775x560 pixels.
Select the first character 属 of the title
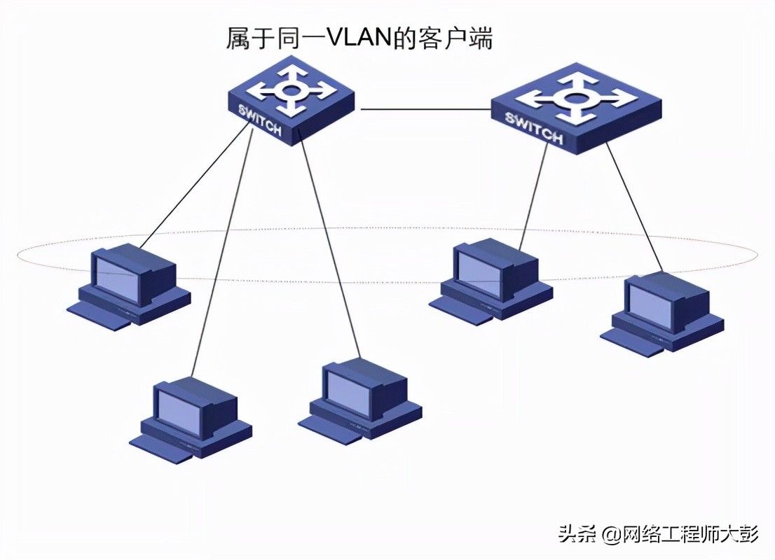pos(238,38)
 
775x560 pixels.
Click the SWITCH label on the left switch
pos(261,120)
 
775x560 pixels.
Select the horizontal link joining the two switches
pos(425,108)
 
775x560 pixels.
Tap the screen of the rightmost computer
pos(651,306)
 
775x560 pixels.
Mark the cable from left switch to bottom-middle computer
pos(329,244)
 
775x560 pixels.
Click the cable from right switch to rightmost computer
pos(634,207)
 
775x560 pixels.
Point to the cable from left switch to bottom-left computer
pos(222,251)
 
